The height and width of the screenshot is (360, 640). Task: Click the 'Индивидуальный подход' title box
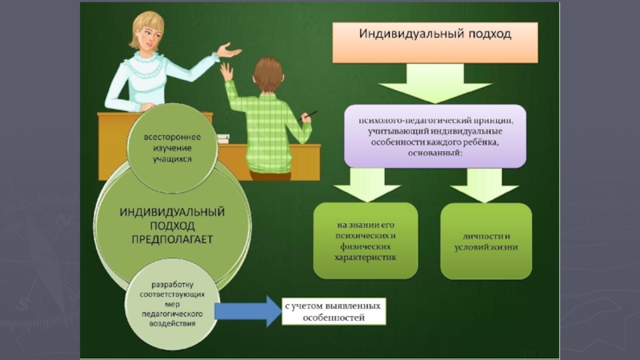[434, 42]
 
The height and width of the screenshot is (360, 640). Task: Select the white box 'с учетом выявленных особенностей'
[333, 311]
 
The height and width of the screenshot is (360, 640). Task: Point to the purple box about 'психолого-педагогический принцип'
[435, 135]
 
